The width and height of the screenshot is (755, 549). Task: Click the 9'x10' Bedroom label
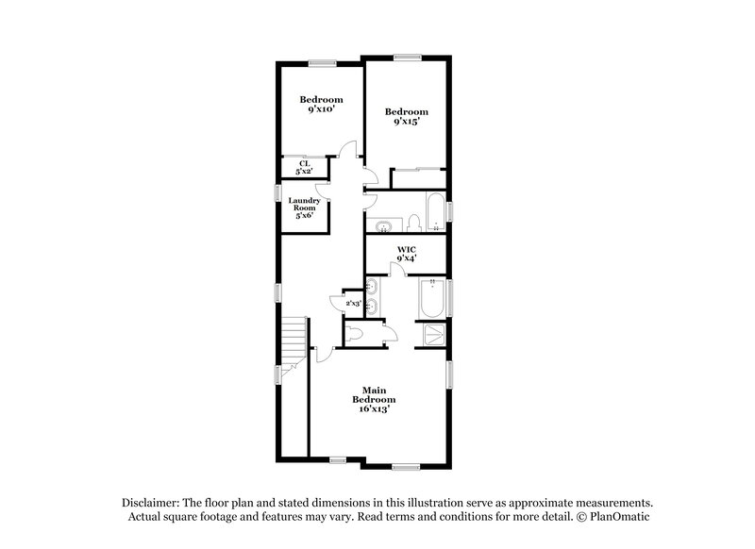pos(321,105)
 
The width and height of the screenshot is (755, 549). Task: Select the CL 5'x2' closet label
pos(304,167)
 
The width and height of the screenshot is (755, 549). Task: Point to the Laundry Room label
pos(305,208)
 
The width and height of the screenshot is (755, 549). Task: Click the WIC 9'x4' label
pos(406,253)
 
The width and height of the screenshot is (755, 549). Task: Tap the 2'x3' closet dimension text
pos(353,304)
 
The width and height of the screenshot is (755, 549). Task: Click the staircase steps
pos(295,336)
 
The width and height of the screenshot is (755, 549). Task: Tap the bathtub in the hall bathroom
pos(436,213)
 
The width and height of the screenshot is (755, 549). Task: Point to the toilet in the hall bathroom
pos(412,223)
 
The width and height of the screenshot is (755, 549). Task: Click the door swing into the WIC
pos(399,270)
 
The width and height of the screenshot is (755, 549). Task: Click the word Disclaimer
pos(151,503)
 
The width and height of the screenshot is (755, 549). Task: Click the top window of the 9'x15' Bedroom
pos(408,58)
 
